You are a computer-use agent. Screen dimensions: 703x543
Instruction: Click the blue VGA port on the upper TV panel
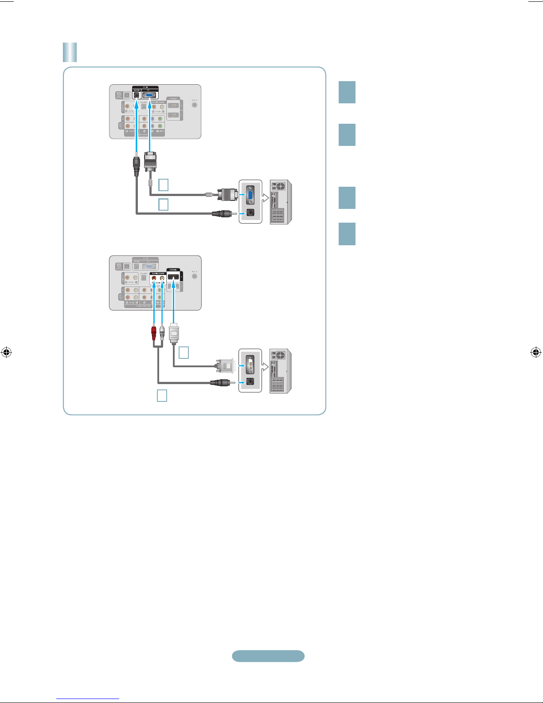pyautogui.click(x=151, y=94)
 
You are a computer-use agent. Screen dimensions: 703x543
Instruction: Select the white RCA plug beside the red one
pyautogui.click(x=162, y=332)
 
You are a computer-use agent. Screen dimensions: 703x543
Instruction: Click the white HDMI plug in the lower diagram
pyautogui.click(x=174, y=332)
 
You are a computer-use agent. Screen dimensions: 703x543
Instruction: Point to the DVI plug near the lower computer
pyautogui.click(x=224, y=366)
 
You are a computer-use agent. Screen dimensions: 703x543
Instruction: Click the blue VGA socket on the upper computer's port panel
pyautogui.click(x=250, y=194)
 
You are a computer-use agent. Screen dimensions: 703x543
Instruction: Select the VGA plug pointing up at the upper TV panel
pyautogui.click(x=150, y=161)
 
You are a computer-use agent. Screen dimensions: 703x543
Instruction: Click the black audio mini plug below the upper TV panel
pyautogui.click(x=137, y=163)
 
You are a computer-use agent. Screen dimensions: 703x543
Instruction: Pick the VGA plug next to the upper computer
pyautogui.click(x=226, y=194)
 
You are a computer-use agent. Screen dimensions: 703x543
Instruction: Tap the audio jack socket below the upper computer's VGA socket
pyautogui.click(x=250, y=212)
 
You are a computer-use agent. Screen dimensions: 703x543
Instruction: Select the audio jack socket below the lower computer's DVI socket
pyautogui.click(x=250, y=381)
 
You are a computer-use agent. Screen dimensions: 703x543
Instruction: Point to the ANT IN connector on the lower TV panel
pyautogui.click(x=194, y=276)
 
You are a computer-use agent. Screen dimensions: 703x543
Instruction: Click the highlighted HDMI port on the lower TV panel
pyautogui.click(x=173, y=278)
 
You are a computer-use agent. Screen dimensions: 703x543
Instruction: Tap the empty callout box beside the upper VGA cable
pyautogui.click(x=163, y=185)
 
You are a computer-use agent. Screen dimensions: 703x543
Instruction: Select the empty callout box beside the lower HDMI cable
pyautogui.click(x=184, y=353)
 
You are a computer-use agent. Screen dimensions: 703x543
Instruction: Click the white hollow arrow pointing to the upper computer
pyautogui.click(x=266, y=198)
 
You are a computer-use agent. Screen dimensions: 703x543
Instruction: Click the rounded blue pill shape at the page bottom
pyautogui.click(x=268, y=656)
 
